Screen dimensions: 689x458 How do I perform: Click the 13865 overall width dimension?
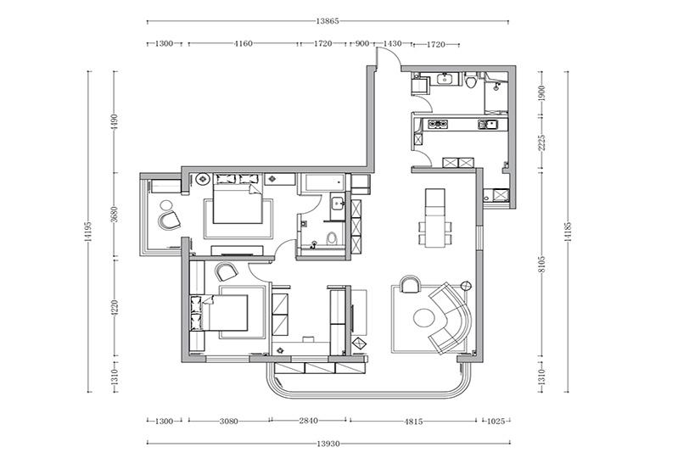[328, 20]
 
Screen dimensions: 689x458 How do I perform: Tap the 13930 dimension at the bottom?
[328, 444]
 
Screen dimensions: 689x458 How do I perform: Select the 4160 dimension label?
[244, 43]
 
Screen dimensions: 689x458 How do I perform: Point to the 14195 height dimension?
[89, 232]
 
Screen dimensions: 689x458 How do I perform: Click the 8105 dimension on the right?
[542, 265]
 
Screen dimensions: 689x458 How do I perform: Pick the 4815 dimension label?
[413, 422]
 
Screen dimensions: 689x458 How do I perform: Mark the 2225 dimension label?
[542, 142]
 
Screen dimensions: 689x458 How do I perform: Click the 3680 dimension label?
[115, 215]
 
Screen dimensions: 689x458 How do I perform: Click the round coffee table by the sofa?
[424, 317]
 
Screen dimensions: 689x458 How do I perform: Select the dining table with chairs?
[434, 218]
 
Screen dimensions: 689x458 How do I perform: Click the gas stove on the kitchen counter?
[438, 125]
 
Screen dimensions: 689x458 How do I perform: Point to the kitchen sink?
[487, 125]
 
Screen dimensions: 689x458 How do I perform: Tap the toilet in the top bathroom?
[470, 81]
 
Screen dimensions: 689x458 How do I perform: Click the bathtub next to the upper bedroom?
[322, 182]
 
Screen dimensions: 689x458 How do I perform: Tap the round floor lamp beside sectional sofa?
[466, 286]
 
